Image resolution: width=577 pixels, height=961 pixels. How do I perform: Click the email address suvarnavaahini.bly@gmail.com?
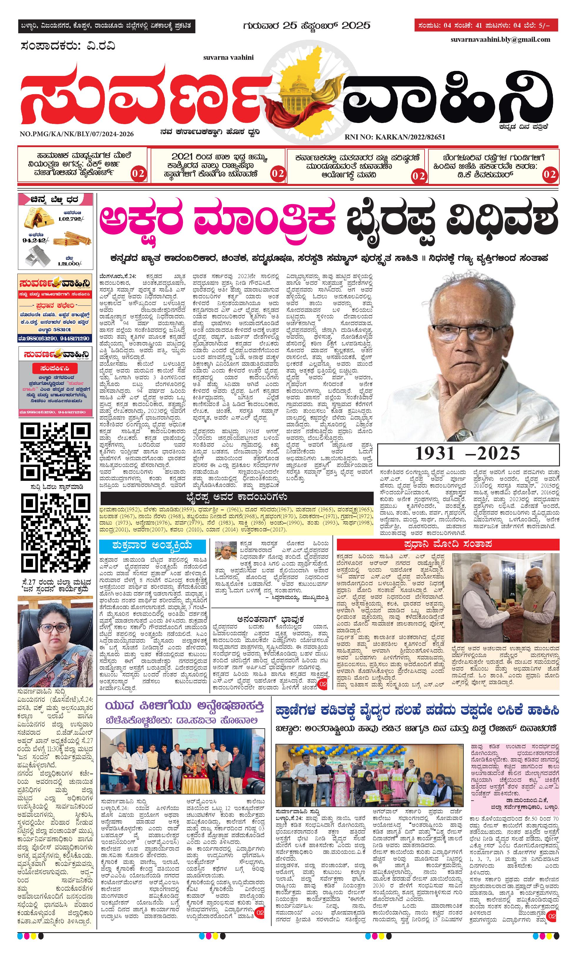tap(500, 40)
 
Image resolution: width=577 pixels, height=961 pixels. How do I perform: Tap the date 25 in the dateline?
tap(290, 26)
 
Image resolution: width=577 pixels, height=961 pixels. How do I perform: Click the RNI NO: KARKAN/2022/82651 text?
tap(395, 137)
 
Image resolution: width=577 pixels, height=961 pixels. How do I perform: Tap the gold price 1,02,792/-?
tap(71, 219)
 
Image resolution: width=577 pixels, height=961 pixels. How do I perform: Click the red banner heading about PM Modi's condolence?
tap(448, 544)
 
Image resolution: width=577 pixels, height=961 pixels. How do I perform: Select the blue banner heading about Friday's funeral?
tap(152, 546)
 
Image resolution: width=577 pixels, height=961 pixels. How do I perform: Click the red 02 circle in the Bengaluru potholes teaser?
tap(549, 174)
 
